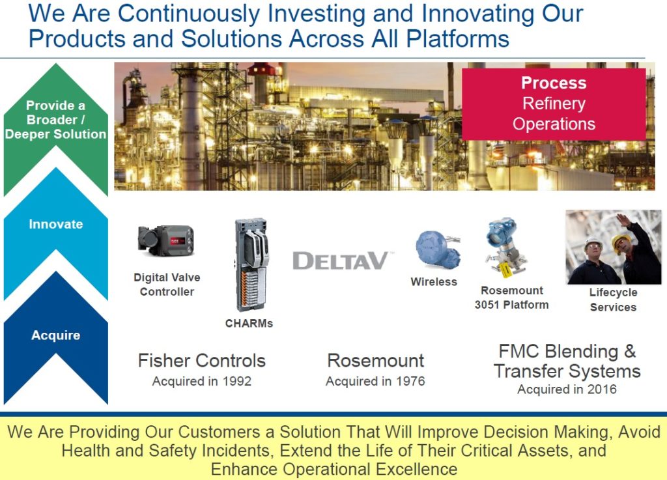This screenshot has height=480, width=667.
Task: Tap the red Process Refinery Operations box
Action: [554, 104]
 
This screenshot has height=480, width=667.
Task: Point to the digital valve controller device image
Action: [166, 240]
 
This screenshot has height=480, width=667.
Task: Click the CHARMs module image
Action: [251, 264]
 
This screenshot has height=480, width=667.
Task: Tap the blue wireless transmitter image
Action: [437, 250]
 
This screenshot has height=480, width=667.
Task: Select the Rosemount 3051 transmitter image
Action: [505, 247]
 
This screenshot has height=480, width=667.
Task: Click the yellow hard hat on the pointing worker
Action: [620, 242]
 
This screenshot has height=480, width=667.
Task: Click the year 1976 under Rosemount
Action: [410, 381]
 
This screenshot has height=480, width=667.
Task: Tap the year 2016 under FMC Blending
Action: [602, 389]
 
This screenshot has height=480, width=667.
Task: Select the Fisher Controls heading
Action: [202, 361]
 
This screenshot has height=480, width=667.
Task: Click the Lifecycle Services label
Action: [613, 300]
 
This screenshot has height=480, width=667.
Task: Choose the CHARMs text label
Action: [249, 324]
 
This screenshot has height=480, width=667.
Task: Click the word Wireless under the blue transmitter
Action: [434, 282]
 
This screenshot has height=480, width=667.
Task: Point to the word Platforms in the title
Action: [458, 39]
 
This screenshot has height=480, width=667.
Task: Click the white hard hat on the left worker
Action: [593, 243]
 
